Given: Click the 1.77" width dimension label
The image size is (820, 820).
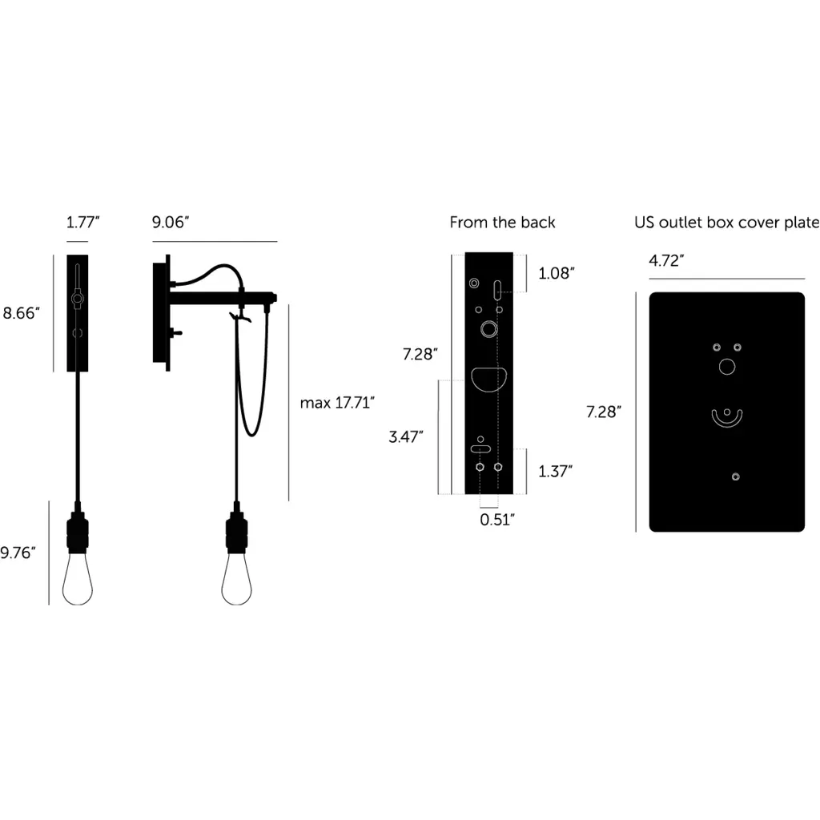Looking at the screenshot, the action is [x=82, y=223].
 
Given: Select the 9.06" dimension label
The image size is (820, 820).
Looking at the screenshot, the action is [x=171, y=223].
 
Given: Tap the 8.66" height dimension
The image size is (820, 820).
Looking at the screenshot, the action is [x=22, y=313].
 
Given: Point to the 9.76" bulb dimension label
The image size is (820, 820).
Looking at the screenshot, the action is [x=18, y=553].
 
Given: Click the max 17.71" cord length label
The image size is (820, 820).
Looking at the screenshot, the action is [x=337, y=403].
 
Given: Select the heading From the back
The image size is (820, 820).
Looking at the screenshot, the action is [x=502, y=223].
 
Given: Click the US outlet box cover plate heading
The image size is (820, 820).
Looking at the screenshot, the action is [x=727, y=223].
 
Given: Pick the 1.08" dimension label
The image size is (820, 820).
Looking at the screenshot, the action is [x=557, y=273].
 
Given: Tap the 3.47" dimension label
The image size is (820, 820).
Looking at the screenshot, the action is [x=406, y=436].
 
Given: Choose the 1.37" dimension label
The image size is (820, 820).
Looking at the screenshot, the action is [x=556, y=471].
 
